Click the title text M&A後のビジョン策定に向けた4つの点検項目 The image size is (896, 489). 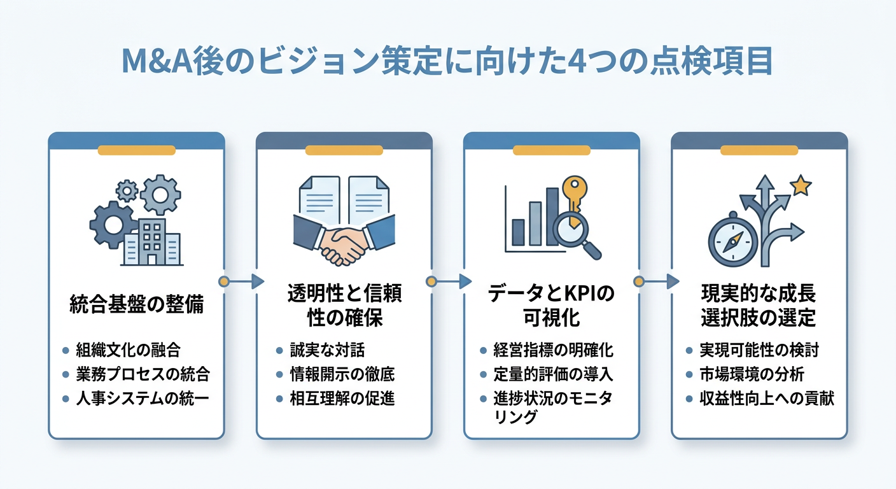(x=447, y=62)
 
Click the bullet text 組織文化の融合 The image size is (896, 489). (x=128, y=350)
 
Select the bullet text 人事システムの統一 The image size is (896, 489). (x=143, y=399)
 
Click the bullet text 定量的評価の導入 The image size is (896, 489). (x=553, y=374)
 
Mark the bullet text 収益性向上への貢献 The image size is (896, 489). (x=766, y=399)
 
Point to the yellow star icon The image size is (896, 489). (x=800, y=186)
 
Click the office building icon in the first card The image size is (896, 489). (x=151, y=242)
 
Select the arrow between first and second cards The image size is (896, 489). (x=242, y=281)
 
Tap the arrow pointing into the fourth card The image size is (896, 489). (x=657, y=281)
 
